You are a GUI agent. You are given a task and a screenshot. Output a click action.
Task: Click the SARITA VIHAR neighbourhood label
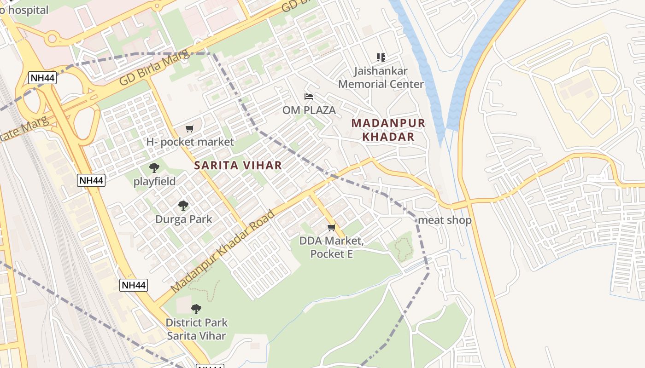tap(238, 166)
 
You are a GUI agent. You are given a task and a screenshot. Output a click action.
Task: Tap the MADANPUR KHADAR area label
tap(388, 130)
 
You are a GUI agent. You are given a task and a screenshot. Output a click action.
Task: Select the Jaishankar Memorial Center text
tap(381, 77)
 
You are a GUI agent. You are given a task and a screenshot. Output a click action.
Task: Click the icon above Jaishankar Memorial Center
tap(381, 57)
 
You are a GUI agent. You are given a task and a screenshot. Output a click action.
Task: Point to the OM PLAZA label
tap(309, 110)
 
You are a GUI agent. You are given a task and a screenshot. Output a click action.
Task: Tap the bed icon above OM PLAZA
tap(309, 97)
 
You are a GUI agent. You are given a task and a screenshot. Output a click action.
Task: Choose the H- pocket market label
tap(190, 142)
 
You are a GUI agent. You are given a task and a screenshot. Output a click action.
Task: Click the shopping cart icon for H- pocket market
tap(190, 128)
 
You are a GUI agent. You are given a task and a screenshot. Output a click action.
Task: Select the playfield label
tap(154, 182)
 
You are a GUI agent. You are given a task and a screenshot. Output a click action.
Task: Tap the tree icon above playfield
tap(154, 168)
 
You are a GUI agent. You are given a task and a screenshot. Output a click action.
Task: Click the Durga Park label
tap(183, 219)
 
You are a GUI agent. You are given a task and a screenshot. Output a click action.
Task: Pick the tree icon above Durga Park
tap(183, 205)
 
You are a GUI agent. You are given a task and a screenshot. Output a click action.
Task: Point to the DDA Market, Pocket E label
tap(331, 247)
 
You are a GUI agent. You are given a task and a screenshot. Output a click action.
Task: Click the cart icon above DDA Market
tap(331, 228)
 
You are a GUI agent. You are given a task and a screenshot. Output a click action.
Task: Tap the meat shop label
tap(445, 220)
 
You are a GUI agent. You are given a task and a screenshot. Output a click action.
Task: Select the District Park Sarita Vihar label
tap(196, 329)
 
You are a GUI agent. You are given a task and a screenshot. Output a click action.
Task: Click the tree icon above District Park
tap(196, 309)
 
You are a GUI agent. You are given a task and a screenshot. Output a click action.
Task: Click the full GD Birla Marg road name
tap(154, 69)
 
